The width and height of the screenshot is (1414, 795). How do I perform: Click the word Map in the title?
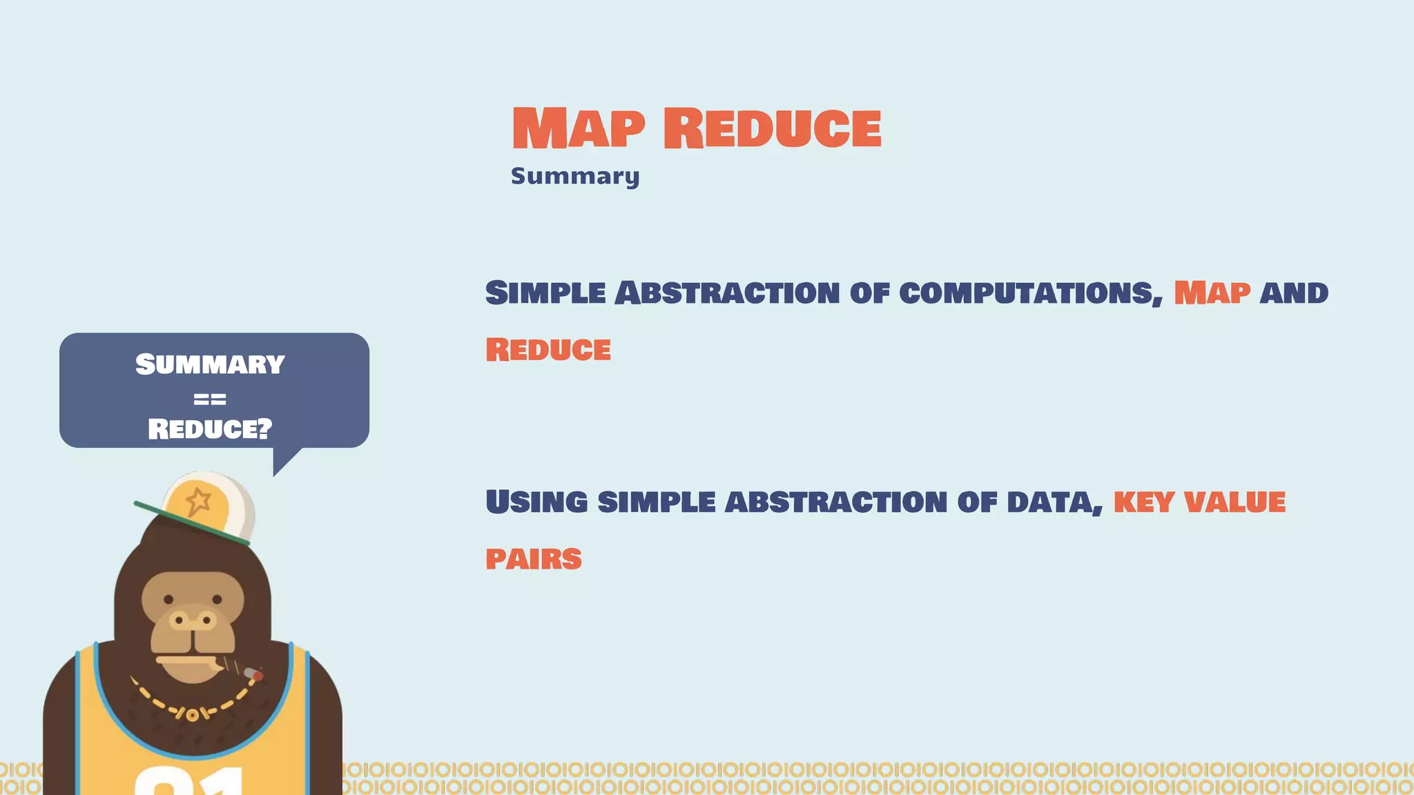[579, 128]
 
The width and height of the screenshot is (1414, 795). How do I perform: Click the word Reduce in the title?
[772, 128]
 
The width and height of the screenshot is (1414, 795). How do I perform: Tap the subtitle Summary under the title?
[575, 176]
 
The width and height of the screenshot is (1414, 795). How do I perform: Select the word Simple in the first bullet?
[545, 293]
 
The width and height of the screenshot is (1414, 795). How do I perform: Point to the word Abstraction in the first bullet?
[726, 293]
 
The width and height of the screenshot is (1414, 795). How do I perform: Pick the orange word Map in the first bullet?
[1212, 293]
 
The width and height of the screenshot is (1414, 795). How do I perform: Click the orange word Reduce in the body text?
[548, 350]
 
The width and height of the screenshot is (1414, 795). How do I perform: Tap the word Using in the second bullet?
[536, 502]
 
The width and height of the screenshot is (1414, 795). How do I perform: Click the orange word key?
[1143, 502]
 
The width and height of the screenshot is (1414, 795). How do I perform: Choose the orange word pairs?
[534, 559]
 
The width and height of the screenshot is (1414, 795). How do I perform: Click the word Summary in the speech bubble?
[210, 364]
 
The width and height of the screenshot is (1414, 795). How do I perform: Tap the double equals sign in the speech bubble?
[210, 399]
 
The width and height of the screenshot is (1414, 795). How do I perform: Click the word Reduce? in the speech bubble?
[210, 429]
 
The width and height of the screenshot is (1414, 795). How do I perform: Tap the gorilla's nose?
[193, 620]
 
